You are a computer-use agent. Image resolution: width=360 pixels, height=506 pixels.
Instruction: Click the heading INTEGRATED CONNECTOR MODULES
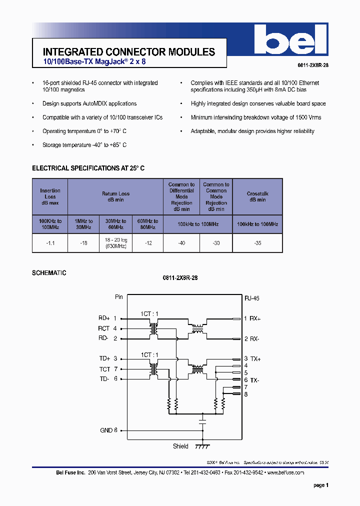[x=129, y=52]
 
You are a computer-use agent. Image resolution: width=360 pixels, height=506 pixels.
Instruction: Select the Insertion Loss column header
[x=50, y=197]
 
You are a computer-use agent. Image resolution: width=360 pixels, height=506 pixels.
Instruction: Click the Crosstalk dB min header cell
[x=257, y=196]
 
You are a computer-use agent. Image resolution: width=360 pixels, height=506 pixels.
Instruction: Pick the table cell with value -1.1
[x=50, y=243]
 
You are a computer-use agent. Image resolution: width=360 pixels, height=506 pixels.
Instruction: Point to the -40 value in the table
[x=181, y=243]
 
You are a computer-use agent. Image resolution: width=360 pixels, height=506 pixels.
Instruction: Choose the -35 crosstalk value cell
[x=257, y=243]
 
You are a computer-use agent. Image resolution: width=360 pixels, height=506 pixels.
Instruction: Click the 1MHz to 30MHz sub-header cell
[x=84, y=224]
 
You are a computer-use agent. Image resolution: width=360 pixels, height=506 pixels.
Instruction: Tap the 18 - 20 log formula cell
[x=116, y=243]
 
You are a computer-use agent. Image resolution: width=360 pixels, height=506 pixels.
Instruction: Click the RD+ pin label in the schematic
[x=104, y=318]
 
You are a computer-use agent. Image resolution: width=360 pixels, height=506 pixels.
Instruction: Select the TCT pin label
[x=104, y=369]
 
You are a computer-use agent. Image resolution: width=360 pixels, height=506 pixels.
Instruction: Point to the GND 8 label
[x=108, y=430]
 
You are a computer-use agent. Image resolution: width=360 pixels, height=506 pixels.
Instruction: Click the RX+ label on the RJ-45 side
[x=255, y=318]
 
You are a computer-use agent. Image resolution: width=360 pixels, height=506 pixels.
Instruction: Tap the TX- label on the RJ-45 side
[x=255, y=380]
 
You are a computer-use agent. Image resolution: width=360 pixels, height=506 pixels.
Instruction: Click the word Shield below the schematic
[x=180, y=446]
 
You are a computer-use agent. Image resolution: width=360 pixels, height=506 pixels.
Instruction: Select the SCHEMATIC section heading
[x=49, y=273]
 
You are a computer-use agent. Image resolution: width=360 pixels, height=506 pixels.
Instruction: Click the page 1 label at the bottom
[x=320, y=485]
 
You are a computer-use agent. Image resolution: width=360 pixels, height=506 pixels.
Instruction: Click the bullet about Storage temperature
[x=84, y=145]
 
